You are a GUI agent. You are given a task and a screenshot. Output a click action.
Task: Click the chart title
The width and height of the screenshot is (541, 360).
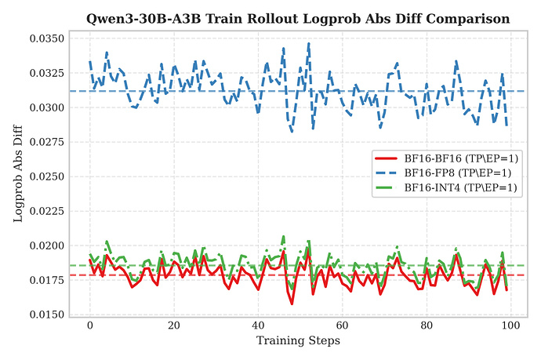297,17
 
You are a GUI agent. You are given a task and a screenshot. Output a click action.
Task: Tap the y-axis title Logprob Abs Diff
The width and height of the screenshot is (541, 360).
18,175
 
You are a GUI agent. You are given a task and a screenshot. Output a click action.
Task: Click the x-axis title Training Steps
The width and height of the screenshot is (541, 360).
297,340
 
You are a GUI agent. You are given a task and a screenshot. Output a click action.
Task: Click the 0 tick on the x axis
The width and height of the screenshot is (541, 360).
90,325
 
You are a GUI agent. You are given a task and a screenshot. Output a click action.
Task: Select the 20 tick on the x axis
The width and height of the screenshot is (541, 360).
174,325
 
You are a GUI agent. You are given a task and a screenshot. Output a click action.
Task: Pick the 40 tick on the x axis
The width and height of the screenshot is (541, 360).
258,325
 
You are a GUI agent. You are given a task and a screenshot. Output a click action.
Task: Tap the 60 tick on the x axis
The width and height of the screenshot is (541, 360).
342,325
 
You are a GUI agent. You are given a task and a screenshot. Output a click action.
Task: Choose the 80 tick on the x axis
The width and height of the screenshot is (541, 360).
426,325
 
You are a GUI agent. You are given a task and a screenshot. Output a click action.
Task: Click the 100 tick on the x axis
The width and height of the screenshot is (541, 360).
510,325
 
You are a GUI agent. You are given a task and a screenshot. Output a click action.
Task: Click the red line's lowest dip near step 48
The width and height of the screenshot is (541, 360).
292,304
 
